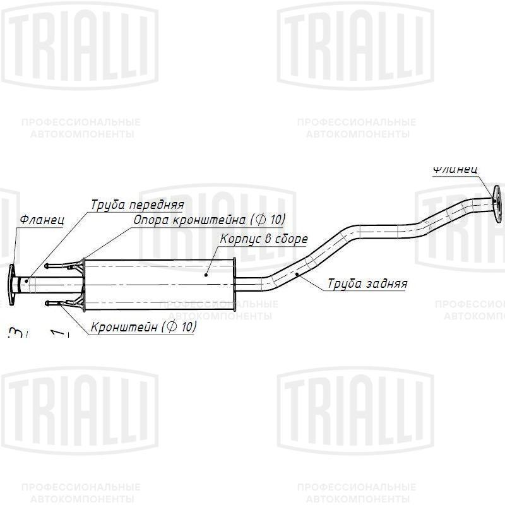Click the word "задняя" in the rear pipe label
click(386, 283)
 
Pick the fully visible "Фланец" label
click(42, 220)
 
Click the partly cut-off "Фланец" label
click(455, 170)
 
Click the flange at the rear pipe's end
click(497, 203)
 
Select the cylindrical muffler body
click(158, 283)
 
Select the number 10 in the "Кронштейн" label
click(189, 326)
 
